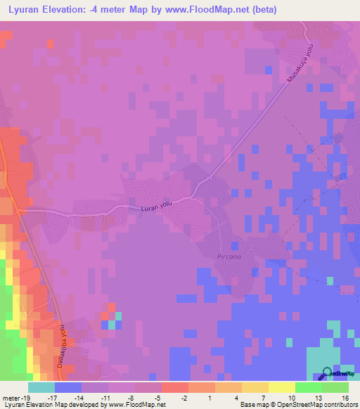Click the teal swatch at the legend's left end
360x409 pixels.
(x=41, y=387)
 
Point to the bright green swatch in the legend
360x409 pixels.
(x=309, y=387)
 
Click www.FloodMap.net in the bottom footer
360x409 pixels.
(x=136, y=405)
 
